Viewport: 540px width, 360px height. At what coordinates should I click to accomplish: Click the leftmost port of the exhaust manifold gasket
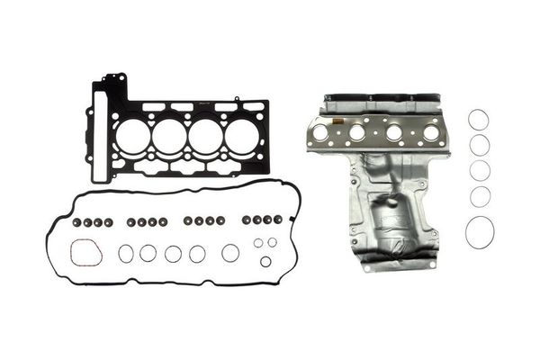pos(319,133)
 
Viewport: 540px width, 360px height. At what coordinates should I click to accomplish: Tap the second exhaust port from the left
pos(356,133)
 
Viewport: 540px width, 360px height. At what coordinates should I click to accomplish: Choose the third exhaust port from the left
pos(393,133)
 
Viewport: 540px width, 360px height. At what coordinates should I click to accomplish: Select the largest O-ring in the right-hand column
pos(480,232)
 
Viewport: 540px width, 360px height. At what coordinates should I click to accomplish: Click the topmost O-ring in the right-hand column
pos(479,120)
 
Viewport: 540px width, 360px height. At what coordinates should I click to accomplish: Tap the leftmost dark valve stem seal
pos(76,220)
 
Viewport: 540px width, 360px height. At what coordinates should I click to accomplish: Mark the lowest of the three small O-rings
pos(265,261)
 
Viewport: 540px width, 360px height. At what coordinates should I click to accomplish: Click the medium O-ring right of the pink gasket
pos(125,254)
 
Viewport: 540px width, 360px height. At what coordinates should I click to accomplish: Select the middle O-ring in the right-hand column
pos(480,171)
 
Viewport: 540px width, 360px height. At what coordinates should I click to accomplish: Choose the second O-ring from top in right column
pos(480,145)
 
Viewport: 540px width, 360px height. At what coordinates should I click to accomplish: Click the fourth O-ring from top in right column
pos(480,196)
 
